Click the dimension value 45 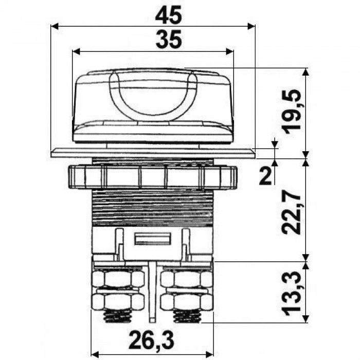point(169,15)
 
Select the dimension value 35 point(169,40)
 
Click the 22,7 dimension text point(292,212)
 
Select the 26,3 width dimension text point(151,340)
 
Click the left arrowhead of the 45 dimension point(55,26)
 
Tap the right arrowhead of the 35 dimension point(230,51)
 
